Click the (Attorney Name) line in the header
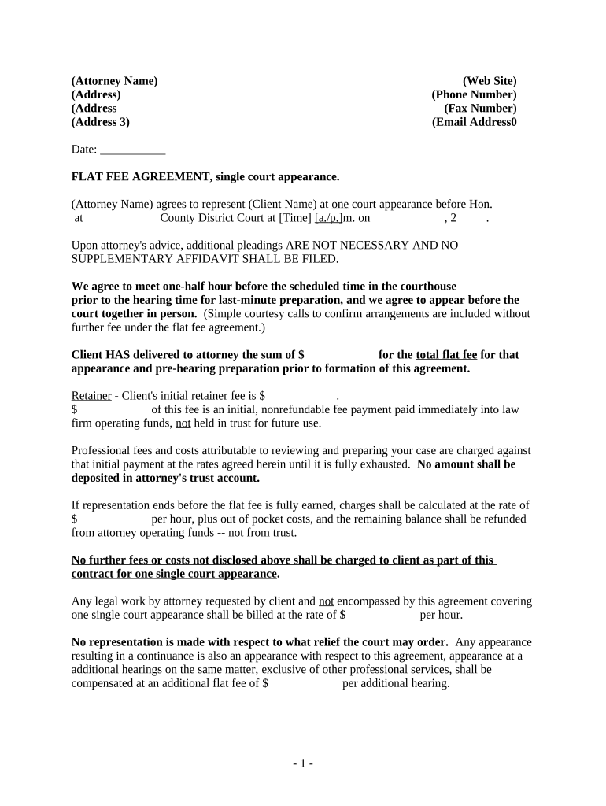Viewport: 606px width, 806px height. pyautogui.click(x=114, y=81)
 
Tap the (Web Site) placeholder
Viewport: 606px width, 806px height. pyautogui.click(x=490, y=81)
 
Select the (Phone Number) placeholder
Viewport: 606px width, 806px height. pyautogui.click(x=474, y=94)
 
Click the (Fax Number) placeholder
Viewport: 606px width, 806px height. pyautogui.click(x=480, y=109)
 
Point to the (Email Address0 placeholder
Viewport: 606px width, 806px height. pyautogui.click(x=475, y=122)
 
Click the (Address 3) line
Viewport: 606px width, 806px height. pyautogui.click(x=101, y=122)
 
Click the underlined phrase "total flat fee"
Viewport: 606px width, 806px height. pyautogui.click(x=446, y=355)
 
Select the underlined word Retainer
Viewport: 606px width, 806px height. pyautogui.click(x=91, y=396)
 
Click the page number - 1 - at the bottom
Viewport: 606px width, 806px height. pyautogui.click(x=303, y=763)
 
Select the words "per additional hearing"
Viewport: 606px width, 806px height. pyautogui.click(x=395, y=683)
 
